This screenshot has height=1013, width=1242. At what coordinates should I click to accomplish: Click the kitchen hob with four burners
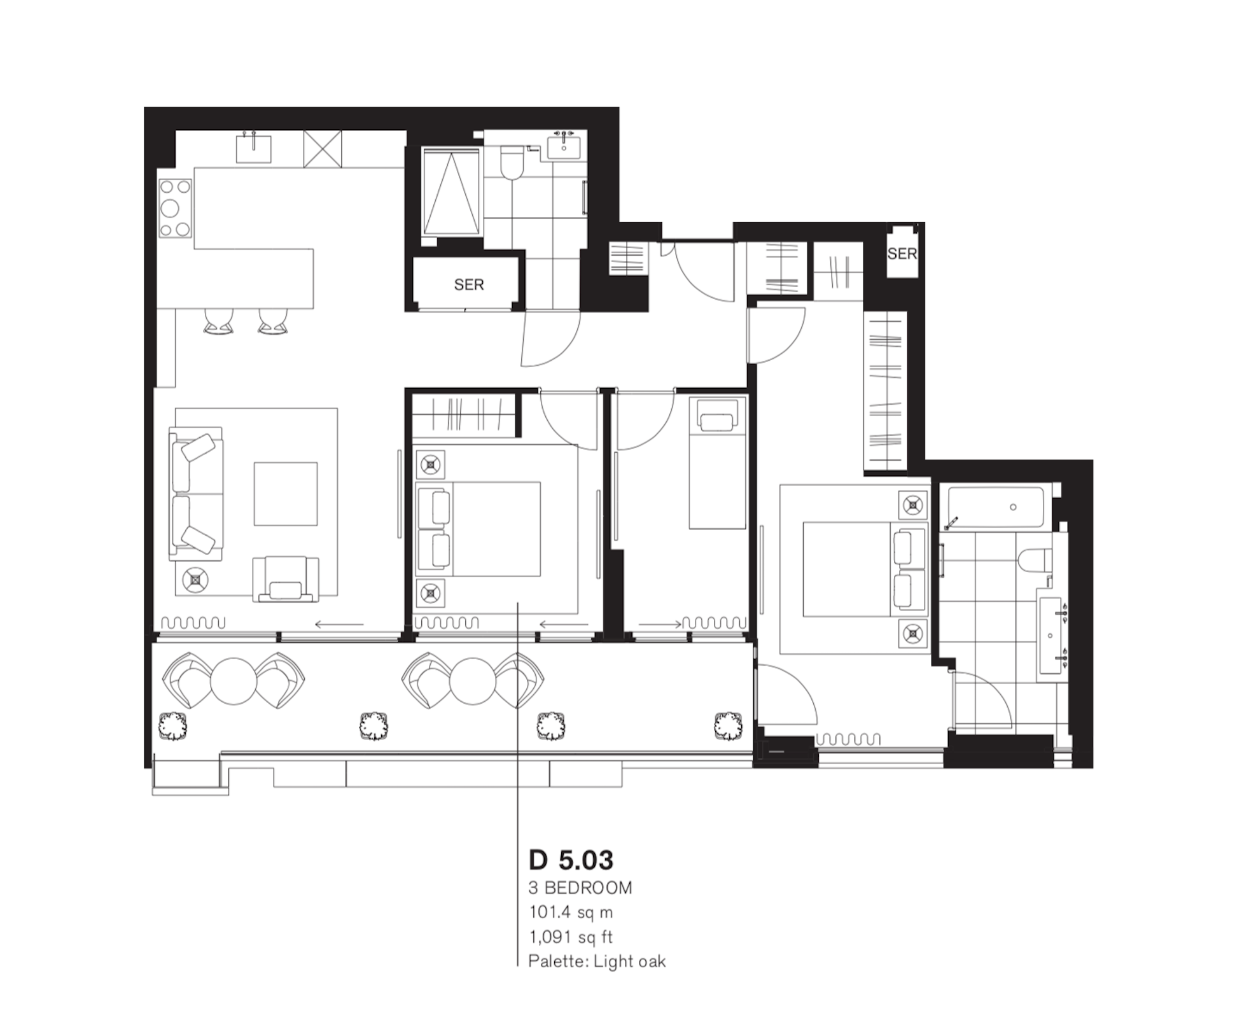point(175,208)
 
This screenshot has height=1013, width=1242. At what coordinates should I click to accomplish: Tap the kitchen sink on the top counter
point(253,149)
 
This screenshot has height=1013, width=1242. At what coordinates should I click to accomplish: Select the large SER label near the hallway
point(469,284)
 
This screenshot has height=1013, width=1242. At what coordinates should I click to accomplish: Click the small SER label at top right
point(902,254)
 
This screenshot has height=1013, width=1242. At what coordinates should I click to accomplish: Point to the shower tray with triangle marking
point(451,192)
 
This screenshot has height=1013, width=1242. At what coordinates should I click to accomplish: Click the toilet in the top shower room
point(511,164)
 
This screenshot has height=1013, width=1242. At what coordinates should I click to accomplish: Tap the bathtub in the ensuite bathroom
point(995,507)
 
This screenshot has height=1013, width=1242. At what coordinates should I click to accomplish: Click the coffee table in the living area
point(286,494)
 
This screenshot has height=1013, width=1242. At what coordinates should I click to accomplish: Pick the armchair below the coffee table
point(286,578)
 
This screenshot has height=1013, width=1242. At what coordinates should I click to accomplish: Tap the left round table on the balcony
point(234,681)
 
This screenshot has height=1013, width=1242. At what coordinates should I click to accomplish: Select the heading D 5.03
point(571,860)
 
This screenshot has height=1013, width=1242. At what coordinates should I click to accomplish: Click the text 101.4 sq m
point(571,912)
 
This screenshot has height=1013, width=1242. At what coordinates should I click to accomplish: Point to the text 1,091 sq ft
point(571,937)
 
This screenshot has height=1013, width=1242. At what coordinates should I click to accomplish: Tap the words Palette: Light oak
point(597,961)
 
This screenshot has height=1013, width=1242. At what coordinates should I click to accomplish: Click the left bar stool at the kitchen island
point(218,322)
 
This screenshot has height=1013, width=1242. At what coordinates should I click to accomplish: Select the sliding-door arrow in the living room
point(338,624)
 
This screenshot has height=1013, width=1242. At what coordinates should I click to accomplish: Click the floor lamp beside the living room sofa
point(195,580)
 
